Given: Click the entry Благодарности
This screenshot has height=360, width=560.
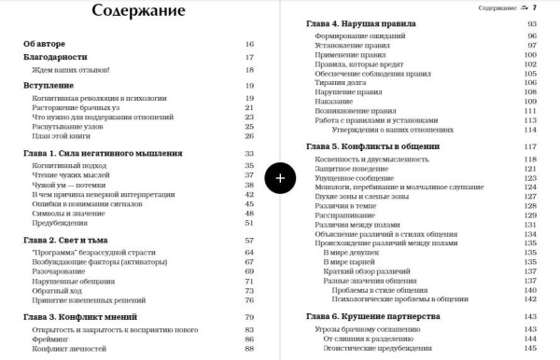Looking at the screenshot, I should [55, 57].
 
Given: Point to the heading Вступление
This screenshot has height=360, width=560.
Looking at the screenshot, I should [50, 85].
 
